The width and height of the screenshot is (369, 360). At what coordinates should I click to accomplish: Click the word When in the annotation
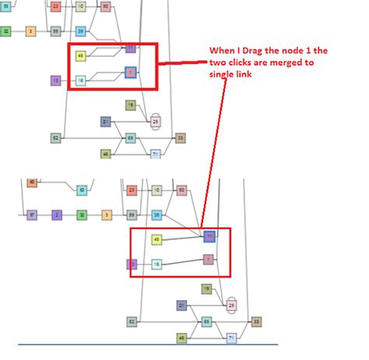pyautogui.click(x=221, y=51)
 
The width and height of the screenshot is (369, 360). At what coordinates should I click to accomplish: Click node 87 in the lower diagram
pyautogui.click(x=32, y=214)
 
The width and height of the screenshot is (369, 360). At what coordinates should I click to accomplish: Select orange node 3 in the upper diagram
pyautogui.click(x=31, y=31)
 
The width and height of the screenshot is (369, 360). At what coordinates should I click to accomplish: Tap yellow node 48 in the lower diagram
pyautogui.click(x=156, y=239)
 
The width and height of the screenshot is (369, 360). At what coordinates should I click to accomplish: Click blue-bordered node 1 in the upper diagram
pyautogui.click(x=131, y=72)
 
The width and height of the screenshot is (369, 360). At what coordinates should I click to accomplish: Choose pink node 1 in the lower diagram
pyautogui.click(x=208, y=259)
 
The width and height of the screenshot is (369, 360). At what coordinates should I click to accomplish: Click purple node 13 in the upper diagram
pyautogui.click(x=55, y=80)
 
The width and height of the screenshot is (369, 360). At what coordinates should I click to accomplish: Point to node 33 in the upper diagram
pyautogui.click(x=181, y=138)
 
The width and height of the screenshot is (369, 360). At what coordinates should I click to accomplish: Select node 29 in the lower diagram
pyautogui.click(x=230, y=306)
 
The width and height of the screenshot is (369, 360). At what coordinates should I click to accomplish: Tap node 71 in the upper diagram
pyautogui.click(x=156, y=154)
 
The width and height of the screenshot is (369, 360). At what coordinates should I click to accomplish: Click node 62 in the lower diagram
pyautogui.click(x=132, y=321)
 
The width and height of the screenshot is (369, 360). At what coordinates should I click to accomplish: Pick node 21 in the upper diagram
pyautogui.click(x=105, y=122)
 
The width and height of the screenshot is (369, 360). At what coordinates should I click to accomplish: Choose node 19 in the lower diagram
pyautogui.click(x=206, y=289)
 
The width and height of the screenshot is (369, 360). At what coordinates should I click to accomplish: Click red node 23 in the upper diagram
pyautogui.click(x=55, y=6)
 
